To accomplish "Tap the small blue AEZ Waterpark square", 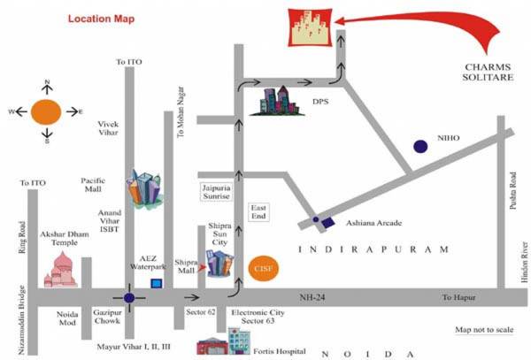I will point(157,283).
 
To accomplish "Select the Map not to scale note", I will point(484,330).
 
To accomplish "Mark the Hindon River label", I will point(523,266).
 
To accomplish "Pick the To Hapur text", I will point(459,298).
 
